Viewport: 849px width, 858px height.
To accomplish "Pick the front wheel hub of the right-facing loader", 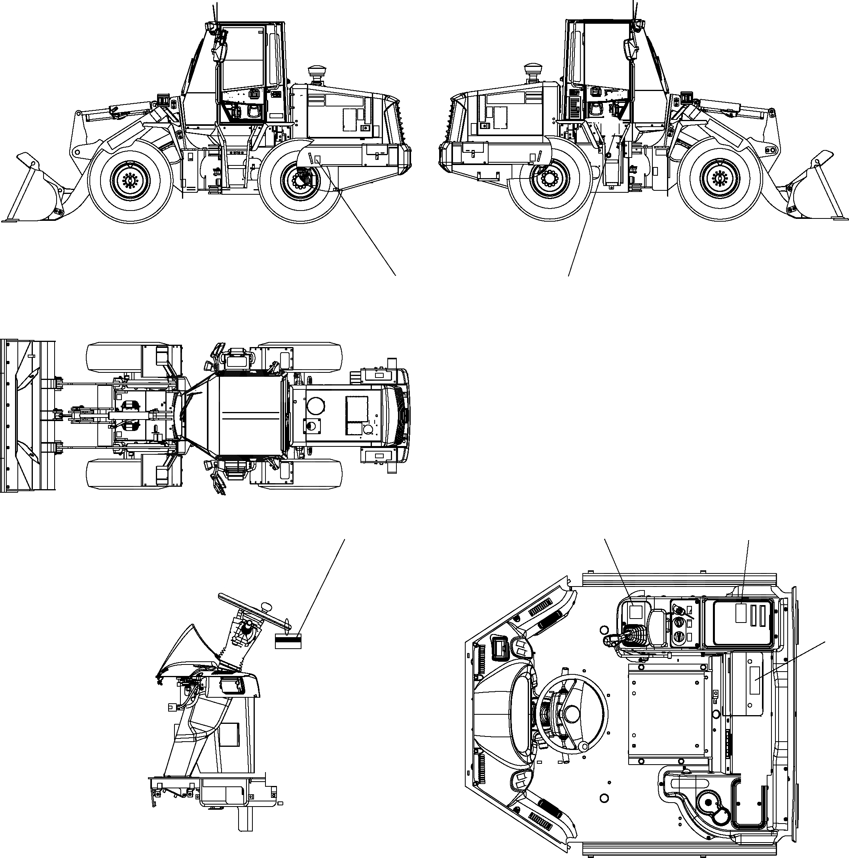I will click(719, 178).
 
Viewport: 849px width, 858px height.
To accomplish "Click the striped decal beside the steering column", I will click(288, 641).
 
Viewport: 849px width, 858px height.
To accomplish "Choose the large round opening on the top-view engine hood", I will click(315, 405).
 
